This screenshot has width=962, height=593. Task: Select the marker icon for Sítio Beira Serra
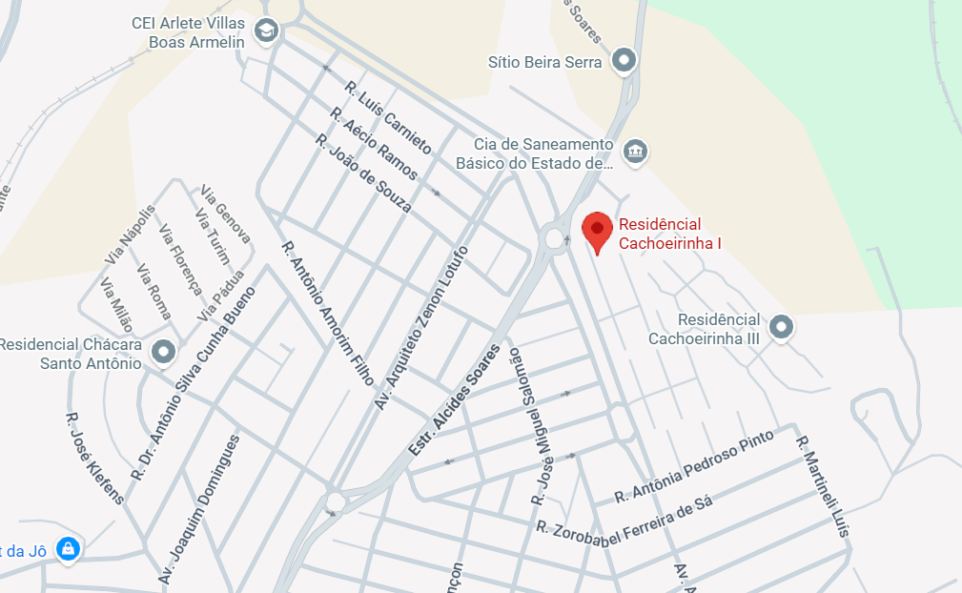click(x=624, y=61)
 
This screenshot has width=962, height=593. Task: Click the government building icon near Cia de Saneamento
click(x=634, y=151)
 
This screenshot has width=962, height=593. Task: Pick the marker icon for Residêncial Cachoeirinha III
click(x=782, y=327)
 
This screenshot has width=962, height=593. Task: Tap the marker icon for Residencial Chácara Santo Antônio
click(x=164, y=353)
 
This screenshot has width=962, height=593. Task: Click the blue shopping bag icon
click(x=68, y=549)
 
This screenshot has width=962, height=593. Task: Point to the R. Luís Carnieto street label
click(x=388, y=118)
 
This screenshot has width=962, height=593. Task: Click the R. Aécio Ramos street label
click(x=374, y=144)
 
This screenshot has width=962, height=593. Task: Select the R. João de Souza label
click(x=363, y=174)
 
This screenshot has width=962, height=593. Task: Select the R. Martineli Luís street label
click(x=822, y=486)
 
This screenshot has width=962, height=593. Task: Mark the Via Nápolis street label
click(x=130, y=235)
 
